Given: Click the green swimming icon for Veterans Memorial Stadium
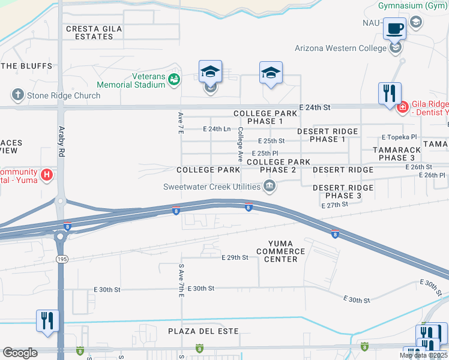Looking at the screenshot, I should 173,79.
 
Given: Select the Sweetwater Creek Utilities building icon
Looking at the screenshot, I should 270,187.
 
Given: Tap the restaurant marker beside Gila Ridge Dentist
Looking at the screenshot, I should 389,94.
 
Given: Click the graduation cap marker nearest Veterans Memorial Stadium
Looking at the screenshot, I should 210,73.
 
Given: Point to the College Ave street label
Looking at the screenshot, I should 240,145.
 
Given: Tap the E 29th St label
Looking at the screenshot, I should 235,257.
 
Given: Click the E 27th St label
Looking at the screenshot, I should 335,205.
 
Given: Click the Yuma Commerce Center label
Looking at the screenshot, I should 281,251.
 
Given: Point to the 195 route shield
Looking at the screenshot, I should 60,257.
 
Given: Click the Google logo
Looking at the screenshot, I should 20,353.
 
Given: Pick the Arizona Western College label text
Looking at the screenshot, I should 340,49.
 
